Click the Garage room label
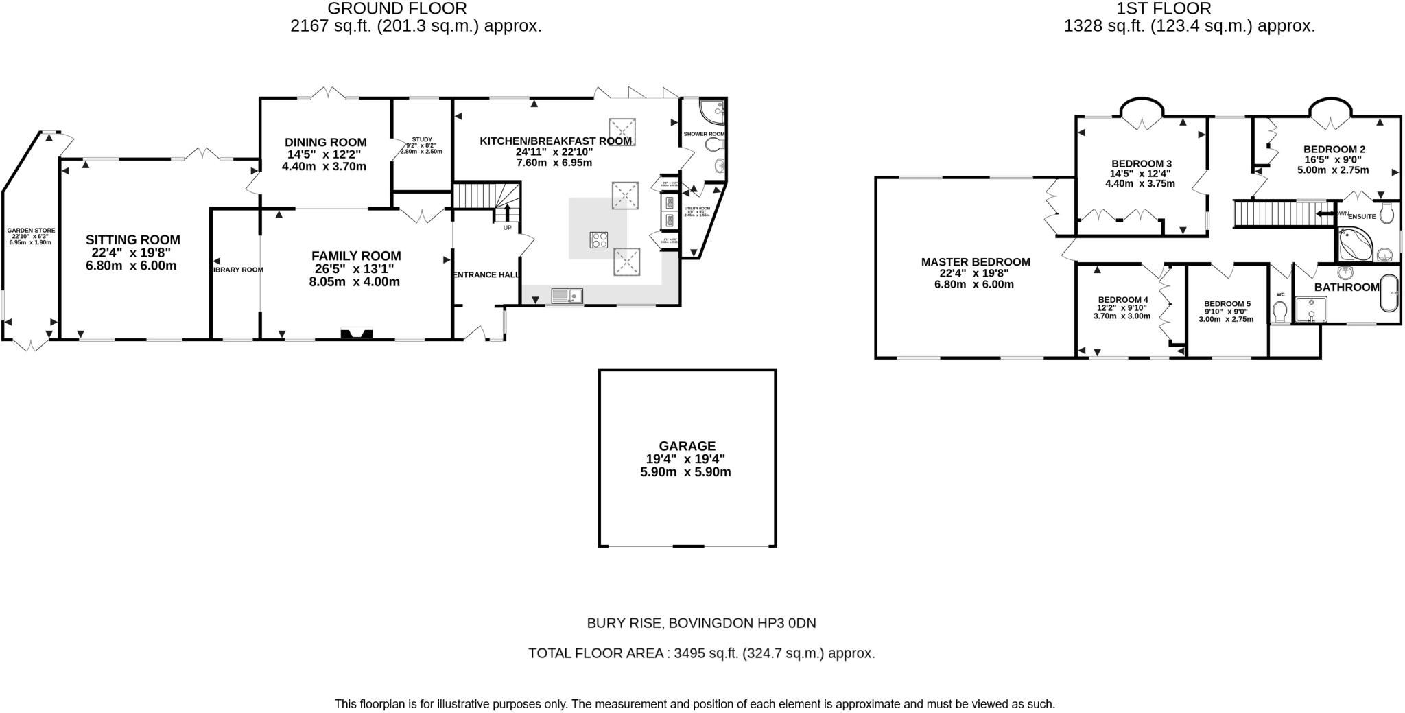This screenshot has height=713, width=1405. (x=687, y=445)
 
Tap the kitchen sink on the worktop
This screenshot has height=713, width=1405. (x=567, y=296)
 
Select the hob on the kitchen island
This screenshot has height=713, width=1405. (x=598, y=240)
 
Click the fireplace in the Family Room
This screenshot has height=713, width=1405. (x=357, y=334)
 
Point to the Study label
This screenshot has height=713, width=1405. (x=422, y=139)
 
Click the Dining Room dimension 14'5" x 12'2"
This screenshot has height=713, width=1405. (x=326, y=154)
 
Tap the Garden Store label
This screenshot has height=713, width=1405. (x=31, y=231)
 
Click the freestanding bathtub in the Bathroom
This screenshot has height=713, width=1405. (x=1388, y=294)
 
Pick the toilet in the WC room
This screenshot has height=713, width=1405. (x=1279, y=313)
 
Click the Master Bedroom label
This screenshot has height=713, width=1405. (x=975, y=261)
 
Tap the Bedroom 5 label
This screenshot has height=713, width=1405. (x=1227, y=303)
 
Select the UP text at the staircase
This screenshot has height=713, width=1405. (x=507, y=227)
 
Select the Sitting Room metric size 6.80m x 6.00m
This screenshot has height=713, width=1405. (x=131, y=266)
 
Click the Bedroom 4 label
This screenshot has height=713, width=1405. (x=1122, y=300)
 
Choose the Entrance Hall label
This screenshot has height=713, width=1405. (x=486, y=274)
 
